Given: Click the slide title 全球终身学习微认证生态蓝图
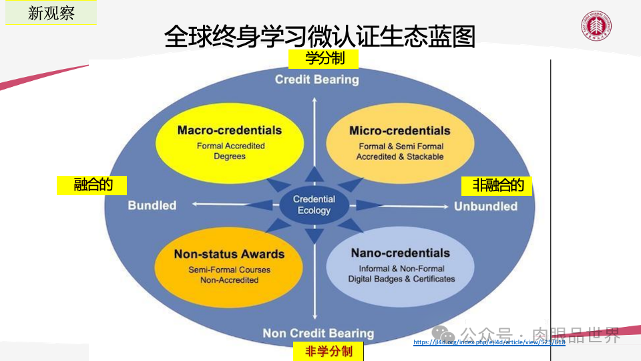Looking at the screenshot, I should point(319,37).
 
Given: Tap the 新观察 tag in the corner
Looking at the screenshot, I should point(51,13).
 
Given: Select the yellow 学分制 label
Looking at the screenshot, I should point(324,59).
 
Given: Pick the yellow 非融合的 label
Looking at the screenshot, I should point(497,185).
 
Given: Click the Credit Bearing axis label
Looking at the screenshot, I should point(316,80).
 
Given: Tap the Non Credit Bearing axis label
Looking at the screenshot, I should point(318,333).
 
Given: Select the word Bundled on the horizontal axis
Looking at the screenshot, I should point(152,205).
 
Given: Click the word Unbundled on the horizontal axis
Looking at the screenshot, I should point(485,206).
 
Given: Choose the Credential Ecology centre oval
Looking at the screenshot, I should point(314,205).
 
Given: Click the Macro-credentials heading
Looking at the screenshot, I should point(229,130).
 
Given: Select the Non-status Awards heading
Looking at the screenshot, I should point(229,254).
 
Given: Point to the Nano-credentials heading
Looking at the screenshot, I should point(400,253).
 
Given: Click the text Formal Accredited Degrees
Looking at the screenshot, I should point(230,151).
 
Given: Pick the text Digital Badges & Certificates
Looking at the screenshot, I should point(401,279).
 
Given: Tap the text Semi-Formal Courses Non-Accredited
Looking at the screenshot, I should point(230,275).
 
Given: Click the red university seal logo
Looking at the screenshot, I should point(597,27).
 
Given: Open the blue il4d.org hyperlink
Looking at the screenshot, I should point(489,342).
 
